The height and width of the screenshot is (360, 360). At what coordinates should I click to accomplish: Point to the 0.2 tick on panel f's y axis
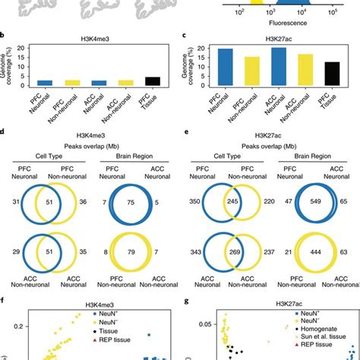pyautogui.click(x=11, y=324)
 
